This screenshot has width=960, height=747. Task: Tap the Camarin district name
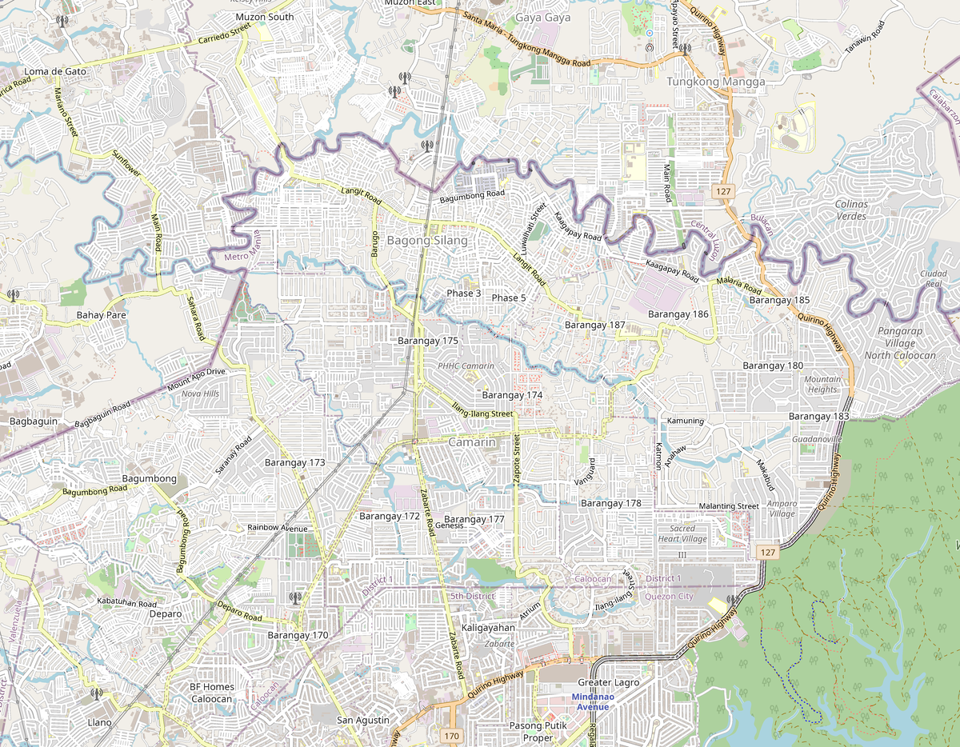click(x=472, y=442)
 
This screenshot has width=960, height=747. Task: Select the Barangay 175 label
click(x=428, y=341)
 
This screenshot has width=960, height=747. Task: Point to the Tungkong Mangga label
click(x=716, y=82)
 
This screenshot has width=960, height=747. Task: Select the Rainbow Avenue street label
click(x=278, y=528)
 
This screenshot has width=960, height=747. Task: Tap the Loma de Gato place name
click(x=55, y=71)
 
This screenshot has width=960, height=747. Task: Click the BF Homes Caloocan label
click(x=212, y=693)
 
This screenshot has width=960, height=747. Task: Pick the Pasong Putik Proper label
click(x=538, y=732)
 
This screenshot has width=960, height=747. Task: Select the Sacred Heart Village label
click(x=682, y=533)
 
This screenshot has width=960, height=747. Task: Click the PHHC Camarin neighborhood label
click(x=466, y=366)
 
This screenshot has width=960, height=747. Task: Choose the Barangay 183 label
click(x=818, y=417)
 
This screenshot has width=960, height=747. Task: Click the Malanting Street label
click(x=728, y=506)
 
